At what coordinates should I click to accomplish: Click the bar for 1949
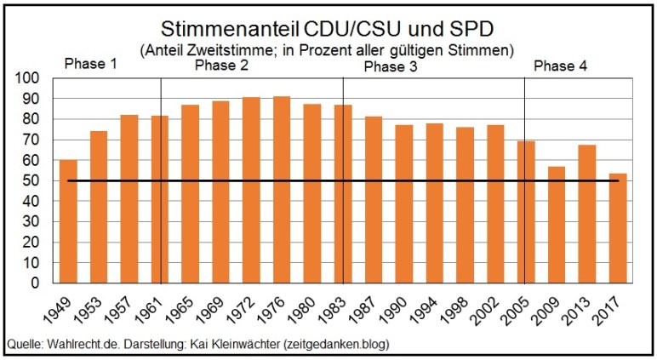coord(68,223)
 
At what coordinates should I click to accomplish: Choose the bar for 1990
coord(403,205)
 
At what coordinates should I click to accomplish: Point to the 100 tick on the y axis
coord(31,78)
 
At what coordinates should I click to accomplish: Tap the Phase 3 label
coord(391,66)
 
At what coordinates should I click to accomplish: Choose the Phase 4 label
coord(560,66)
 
